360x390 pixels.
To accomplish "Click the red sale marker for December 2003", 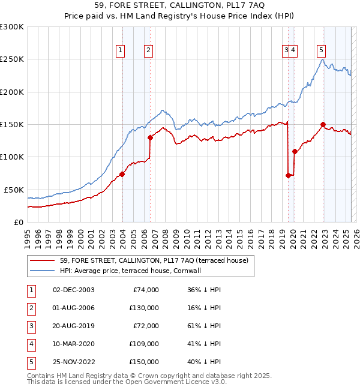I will [x=122, y=174].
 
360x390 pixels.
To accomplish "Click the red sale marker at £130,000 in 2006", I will [x=150, y=137].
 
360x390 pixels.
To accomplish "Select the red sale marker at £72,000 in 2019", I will [x=288, y=175].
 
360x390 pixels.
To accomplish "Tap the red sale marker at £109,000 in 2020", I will [x=294, y=151].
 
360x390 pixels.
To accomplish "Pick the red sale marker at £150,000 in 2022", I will [x=323, y=125].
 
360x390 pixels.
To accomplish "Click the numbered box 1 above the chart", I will [x=121, y=50].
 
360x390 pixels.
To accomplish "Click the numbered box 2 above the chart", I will [x=148, y=50].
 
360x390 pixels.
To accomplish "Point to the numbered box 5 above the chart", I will [x=322, y=50].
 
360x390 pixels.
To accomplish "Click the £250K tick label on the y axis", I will [x=12, y=59].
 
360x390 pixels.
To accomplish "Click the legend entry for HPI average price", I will [x=133, y=271].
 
